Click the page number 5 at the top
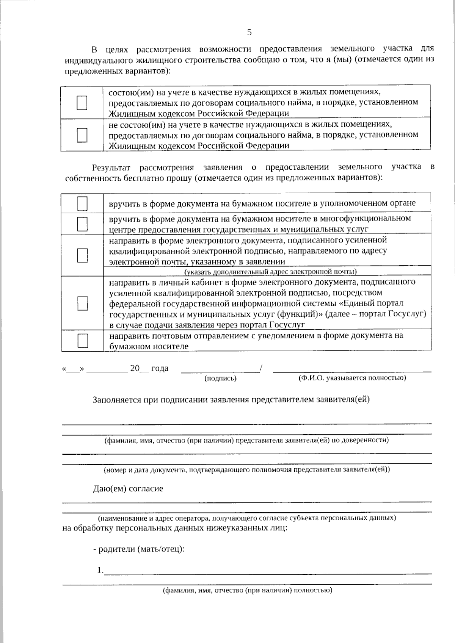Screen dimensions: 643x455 (x=249, y=32)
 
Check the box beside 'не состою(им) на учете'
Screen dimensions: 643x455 (x=82, y=135)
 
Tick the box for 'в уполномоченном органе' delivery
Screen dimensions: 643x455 (x=82, y=203)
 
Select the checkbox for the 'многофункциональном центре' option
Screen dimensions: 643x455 (x=82, y=224)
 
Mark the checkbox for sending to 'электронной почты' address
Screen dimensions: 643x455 (x=82, y=255)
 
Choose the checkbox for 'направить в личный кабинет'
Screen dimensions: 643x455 (x=82, y=303)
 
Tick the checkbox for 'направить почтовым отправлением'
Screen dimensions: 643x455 (x=82, y=341)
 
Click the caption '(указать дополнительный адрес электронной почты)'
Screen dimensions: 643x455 (x=270, y=272)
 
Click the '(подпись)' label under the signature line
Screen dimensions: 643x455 (x=220, y=378)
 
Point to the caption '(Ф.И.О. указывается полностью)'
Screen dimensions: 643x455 (x=352, y=378)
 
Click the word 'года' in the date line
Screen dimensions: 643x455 (x=160, y=368)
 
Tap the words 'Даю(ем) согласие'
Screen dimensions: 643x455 (x=128, y=489)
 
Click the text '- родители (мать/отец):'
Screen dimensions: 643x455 (x=139, y=549)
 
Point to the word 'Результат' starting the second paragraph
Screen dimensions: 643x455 (x=111, y=167)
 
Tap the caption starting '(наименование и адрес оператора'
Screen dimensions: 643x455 (x=247, y=518)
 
